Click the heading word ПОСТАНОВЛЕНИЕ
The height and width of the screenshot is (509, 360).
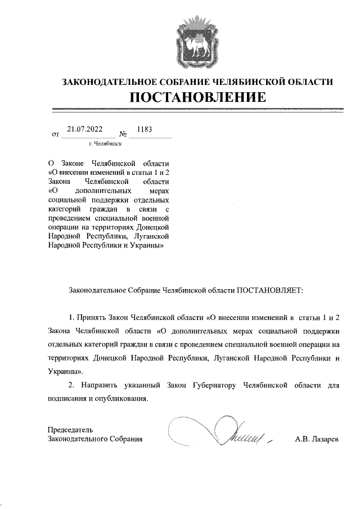197,97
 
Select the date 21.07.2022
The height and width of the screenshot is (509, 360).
84,129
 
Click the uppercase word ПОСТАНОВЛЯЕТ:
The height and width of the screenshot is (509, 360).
269,290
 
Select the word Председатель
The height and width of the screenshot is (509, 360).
70,430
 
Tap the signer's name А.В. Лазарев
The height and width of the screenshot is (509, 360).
317,439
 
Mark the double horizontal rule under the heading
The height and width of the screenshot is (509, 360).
197,110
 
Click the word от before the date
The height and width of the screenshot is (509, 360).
55,135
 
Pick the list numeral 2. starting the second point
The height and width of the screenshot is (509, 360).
71,386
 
